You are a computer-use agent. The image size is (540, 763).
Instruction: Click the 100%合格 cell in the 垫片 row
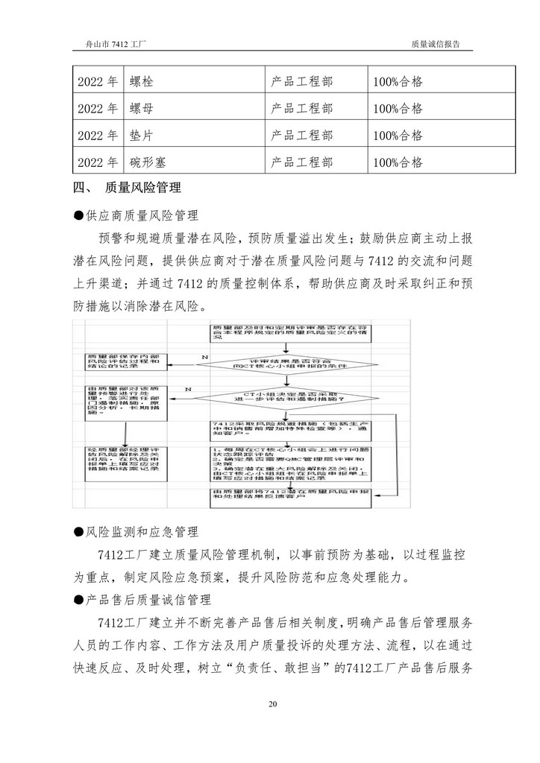pyautogui.click(x=398, y=136)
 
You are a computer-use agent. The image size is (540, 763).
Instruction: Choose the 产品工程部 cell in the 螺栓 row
pyautogui.click(x=301, y=81)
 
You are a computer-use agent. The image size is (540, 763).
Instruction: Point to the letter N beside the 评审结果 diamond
pyautogui.click(x=204, y=358)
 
